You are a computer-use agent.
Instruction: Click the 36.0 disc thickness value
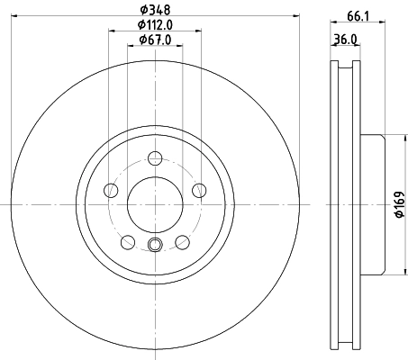(347, 39)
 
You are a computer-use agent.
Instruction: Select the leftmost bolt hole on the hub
(111, 190)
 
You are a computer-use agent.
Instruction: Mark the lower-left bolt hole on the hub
(127, 241)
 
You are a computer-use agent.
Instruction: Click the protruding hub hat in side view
(372, 204)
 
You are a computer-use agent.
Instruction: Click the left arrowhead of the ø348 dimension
(22, 18)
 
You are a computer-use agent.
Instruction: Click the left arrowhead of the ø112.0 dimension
(113, 31)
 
